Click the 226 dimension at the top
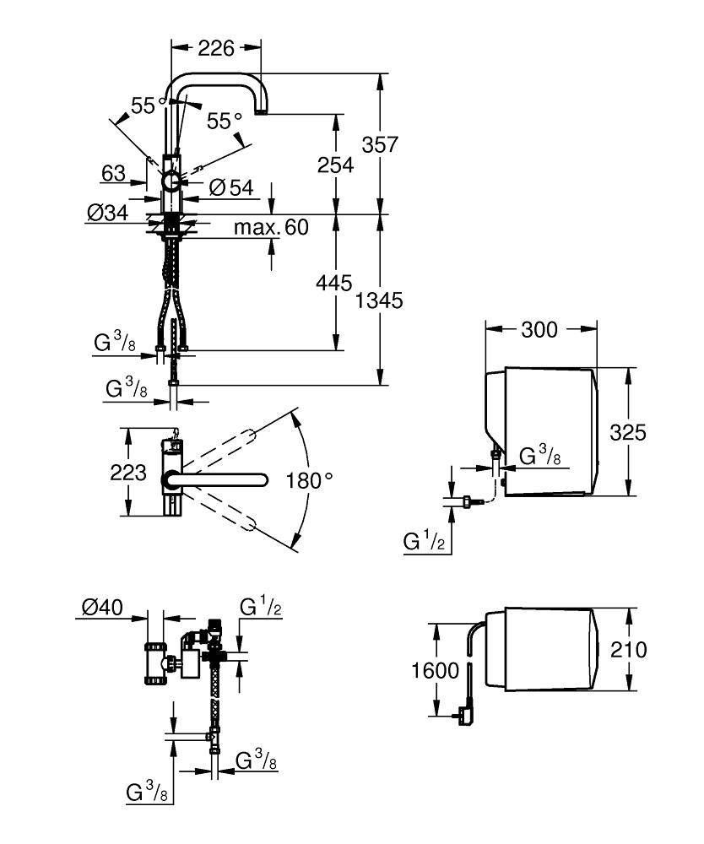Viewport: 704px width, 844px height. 216,50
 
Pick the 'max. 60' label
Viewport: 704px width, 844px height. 271,227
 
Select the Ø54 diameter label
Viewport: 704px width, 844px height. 230,188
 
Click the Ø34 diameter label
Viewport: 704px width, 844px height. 106,214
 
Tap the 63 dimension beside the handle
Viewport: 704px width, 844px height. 113,174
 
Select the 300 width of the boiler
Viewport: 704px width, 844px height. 539,329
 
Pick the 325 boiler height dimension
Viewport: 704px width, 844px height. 629,432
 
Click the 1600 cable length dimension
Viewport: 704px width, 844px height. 436,670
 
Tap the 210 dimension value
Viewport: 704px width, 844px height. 629,649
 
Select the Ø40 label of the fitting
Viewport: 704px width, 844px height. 102,608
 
